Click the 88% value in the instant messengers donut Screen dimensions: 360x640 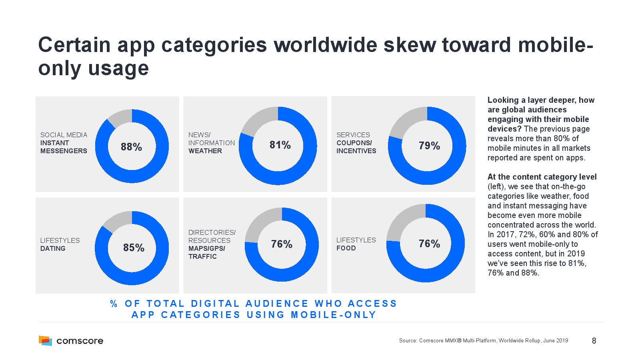point(131,147)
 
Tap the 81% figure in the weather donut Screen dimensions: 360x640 point(280,145)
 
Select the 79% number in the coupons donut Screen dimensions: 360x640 point(429,146)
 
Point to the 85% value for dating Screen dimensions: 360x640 point(134,248)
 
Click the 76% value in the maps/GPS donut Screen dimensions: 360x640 point(282,244)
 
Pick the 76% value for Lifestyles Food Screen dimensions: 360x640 point(429,244)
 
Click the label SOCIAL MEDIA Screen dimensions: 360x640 point(64,135)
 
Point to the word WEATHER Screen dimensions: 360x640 point(205,151)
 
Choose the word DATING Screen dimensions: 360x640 point(53,248)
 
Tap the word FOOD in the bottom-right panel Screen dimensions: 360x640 point(346,248)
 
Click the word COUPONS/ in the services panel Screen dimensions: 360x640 point(354,143)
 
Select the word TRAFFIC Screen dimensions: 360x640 point(202,256)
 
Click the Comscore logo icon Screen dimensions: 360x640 point(45,340)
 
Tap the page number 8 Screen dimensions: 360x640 point(594,341)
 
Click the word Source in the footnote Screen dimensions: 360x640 point(408,341)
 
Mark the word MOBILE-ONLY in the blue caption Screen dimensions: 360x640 point(334,315)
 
